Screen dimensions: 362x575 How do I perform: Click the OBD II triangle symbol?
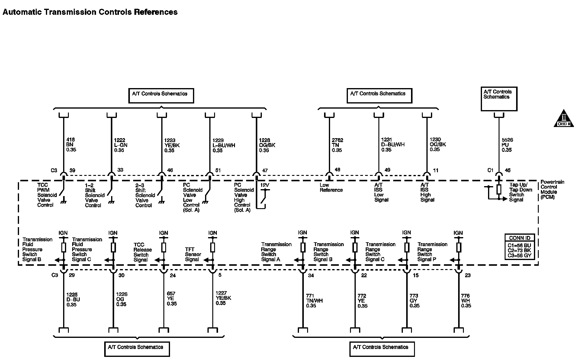pyautogui.click(x=564, y=119)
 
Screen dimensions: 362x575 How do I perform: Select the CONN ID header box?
pyautogui.click(x=519, y=238)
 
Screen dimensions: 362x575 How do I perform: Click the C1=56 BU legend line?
pyautogui.click(x=519, y=245)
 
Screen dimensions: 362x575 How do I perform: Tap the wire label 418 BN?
pyautogui.click(x=71, y=144)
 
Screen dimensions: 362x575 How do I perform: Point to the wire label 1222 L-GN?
pyautogui.click(x=120, y=145)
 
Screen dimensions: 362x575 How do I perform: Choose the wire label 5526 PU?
pyautogui.click(x=507, y=145)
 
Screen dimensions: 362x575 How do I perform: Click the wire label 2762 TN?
pyautogui.click(x=337, y=145)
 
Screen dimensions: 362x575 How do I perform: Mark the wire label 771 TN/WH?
pyautogui.click(x=314, y=301)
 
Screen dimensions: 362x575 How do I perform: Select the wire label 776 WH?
pyautogui.click(x=466, y=301)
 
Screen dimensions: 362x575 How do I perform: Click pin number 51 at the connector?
pyautogui.click(x=218, y=170)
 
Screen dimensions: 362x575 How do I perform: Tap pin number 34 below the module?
pyautogui.click(x=311, y=275)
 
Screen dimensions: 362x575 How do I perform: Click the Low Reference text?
pyautogui.click(x=331, y=188)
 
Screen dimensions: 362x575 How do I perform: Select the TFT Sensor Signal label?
pyautogui.click(x=193, y=254)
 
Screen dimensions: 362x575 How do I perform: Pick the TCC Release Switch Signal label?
pyautogui.click(x=143, y=252)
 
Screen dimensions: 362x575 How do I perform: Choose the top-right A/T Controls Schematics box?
pyautogui.click(x=499, y=99)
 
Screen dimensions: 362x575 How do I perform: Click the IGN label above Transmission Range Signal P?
pyautogui.click(x=458, y=233)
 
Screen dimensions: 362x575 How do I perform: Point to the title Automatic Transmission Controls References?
pyautogui.click(x=90, y=12)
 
